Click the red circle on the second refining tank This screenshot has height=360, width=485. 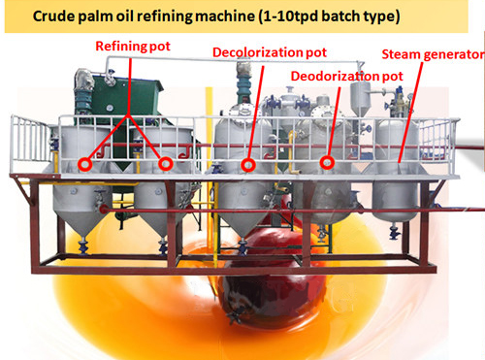click(166, 164)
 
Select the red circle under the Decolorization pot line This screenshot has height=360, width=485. click(249, 164)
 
